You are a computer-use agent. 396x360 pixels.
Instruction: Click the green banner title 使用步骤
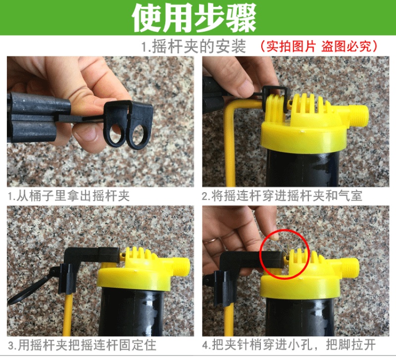194,17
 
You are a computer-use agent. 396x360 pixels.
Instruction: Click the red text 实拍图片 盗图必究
319,46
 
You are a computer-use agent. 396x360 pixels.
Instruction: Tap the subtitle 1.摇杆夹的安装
193,46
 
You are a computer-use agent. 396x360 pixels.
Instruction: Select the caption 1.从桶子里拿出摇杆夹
68,196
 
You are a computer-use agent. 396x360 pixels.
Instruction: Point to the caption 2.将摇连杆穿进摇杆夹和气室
282,196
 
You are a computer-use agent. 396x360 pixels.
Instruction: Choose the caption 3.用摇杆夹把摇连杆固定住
82,345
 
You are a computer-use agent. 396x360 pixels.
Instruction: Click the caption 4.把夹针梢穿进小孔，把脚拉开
289,345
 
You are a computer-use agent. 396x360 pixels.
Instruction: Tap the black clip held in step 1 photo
128,124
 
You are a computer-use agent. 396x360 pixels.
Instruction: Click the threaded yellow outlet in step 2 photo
358,116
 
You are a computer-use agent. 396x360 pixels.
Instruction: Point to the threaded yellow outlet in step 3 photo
181,268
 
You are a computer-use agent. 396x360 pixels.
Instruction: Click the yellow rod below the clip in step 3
67,315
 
